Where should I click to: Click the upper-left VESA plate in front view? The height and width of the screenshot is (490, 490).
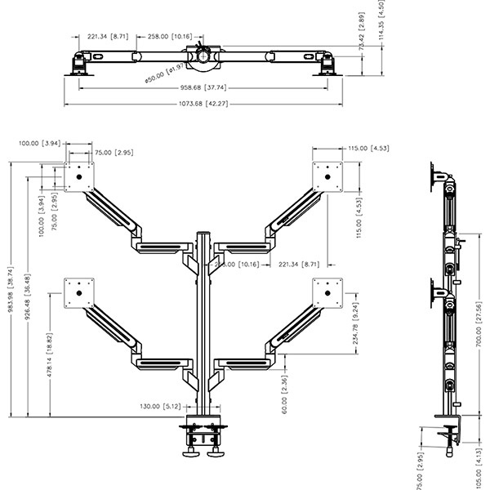tap(80, 176)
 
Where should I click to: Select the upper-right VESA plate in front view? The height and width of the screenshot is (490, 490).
tap(330, 175)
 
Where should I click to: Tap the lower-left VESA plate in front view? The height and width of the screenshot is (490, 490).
tap(80, 292)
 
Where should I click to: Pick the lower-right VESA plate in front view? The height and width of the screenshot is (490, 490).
tap(330, 292)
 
